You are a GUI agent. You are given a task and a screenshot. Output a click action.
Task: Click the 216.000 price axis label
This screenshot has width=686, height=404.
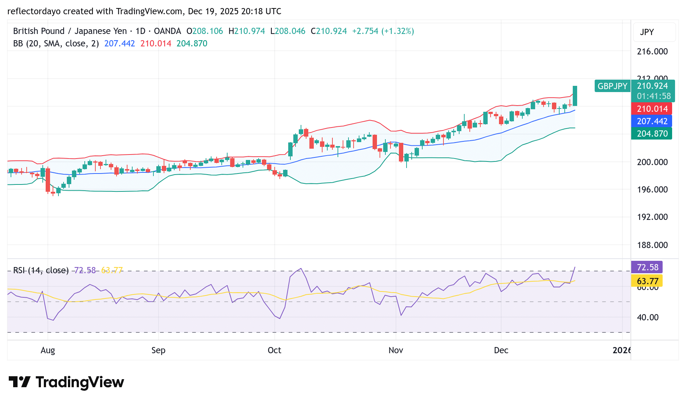pyautogui.click(x=652, y=52)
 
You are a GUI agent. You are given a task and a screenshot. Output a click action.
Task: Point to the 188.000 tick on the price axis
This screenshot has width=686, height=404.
pyautogui.click(x=652, y=245)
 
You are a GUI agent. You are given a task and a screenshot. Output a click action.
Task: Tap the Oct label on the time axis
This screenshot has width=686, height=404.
pyautogui.click(x=274, y=350)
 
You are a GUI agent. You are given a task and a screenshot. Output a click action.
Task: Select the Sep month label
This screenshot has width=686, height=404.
pyautogui.click(x=158, y=350)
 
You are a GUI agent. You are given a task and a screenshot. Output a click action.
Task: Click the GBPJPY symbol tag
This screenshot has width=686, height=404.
pyautogui.click(x=612, y=86)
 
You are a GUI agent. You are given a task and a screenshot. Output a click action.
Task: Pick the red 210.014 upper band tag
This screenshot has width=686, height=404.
pyautogui.click(x=652, y=109)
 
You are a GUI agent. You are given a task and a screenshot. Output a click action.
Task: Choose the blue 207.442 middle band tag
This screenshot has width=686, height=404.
pyautogui.click(x=652, y=121)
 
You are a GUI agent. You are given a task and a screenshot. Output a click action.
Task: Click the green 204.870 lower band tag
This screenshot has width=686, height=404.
pyautogui.click(x=652, y=134)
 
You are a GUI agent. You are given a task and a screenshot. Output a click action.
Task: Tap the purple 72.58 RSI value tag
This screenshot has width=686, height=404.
pyautogui.click(x=647, y=267)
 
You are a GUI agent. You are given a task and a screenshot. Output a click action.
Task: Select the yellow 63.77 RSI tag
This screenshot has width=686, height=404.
pyautogui.click(x=647, y=281)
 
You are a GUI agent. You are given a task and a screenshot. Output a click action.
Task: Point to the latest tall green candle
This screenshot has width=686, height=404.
pyautogui.click(x=575, y=96)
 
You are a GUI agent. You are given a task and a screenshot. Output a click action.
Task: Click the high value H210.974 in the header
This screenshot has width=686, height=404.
pyautogui.click(x=247, y=31)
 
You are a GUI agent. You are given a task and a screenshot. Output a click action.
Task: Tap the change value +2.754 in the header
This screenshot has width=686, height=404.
pyautogui.click(x=365, y=31)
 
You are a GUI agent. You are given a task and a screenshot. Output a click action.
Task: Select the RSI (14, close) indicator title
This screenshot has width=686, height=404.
pyautogui.click(x=41, y=270)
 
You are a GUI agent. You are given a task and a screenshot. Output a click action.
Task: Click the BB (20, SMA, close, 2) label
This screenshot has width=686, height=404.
pyautogui.click(x=56, y=43)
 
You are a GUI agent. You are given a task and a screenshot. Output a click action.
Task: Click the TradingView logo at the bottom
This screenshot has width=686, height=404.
pyautogui.click(x=66, y=382)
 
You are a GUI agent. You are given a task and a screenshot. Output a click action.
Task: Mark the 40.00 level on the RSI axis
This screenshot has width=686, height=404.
pyautogui.click(x=647, y=317)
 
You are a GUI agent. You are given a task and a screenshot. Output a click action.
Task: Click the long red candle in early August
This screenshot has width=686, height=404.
pyautogui.click(x=47, y=180)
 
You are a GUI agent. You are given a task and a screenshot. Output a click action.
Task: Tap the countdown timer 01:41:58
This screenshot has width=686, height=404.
pyautogui.click(x=653, y=96)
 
